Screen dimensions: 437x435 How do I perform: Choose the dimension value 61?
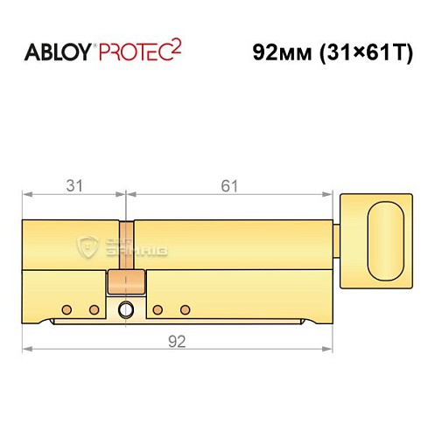pyautogui.click(x=229, y=185)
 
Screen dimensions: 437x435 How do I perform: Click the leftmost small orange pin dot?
pyautogui.click(x=67, y=309)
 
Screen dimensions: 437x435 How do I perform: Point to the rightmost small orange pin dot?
pyautogui.click(x=185, y=309)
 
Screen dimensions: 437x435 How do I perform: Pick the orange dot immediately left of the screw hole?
pyautogui.click(x=95, y=309)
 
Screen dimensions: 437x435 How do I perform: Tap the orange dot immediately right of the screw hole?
pyautogui.click(x=158, y=309)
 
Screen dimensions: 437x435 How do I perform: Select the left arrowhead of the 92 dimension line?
pyautogui.click(x=27, y=350)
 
